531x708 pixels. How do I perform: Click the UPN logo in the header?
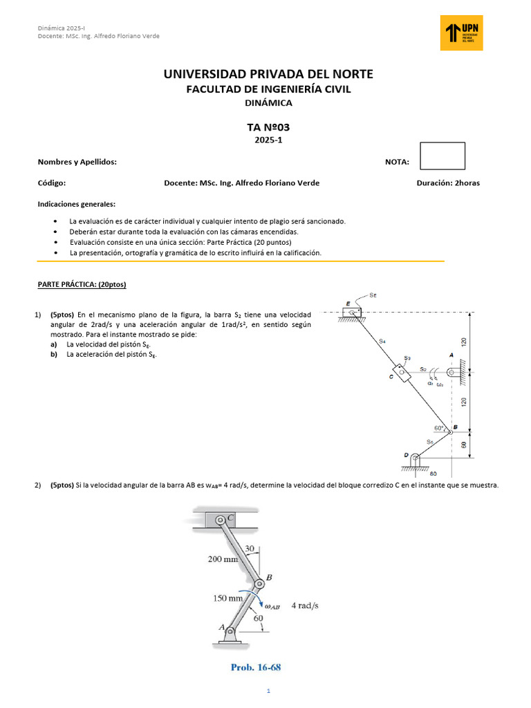(x=463, y=32)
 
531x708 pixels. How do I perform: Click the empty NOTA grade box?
(x=442, y=156)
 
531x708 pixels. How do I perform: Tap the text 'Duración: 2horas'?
(x=448, y=183)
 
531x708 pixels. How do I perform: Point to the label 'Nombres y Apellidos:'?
(x=77, y=162)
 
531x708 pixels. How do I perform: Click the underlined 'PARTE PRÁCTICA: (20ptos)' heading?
(x=82, y=285)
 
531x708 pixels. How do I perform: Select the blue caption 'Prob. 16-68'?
(x=256, y=667)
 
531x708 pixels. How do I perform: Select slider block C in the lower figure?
(x=221, y=520)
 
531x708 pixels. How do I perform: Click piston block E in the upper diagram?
(x=352, y=313)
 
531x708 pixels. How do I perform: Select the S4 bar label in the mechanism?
(x=382, y=341)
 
